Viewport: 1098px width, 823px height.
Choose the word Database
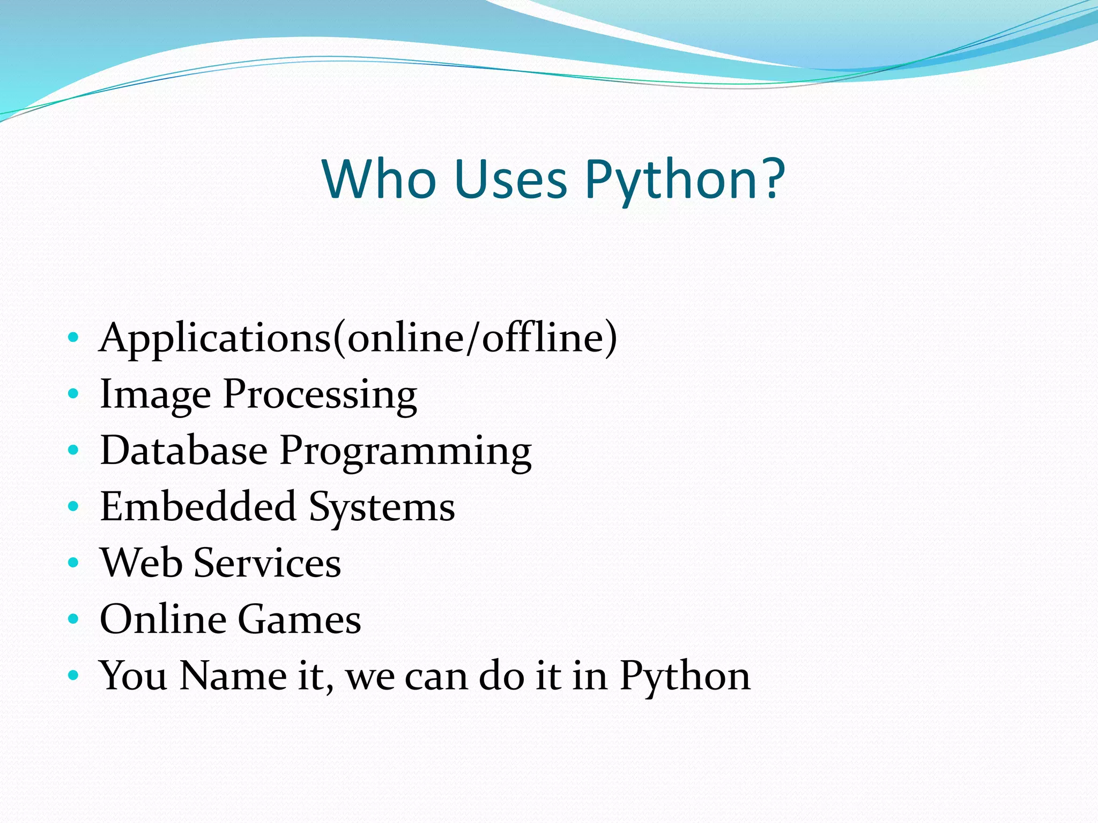tap(184, 451)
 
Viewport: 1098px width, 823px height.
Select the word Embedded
tap(198, 507)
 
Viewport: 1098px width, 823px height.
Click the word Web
tap(141, 563)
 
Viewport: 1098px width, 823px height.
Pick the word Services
tap(267, 563)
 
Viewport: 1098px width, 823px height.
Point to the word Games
tap(299, 619)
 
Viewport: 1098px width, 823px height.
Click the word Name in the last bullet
tap(233, 676)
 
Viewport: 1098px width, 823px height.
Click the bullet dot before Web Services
tap(73, 563)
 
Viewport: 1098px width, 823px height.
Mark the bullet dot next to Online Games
tap(73, 619)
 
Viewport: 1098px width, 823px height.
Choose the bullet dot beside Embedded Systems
tap(73, 507)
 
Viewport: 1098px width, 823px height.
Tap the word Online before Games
tap(162, 619)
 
